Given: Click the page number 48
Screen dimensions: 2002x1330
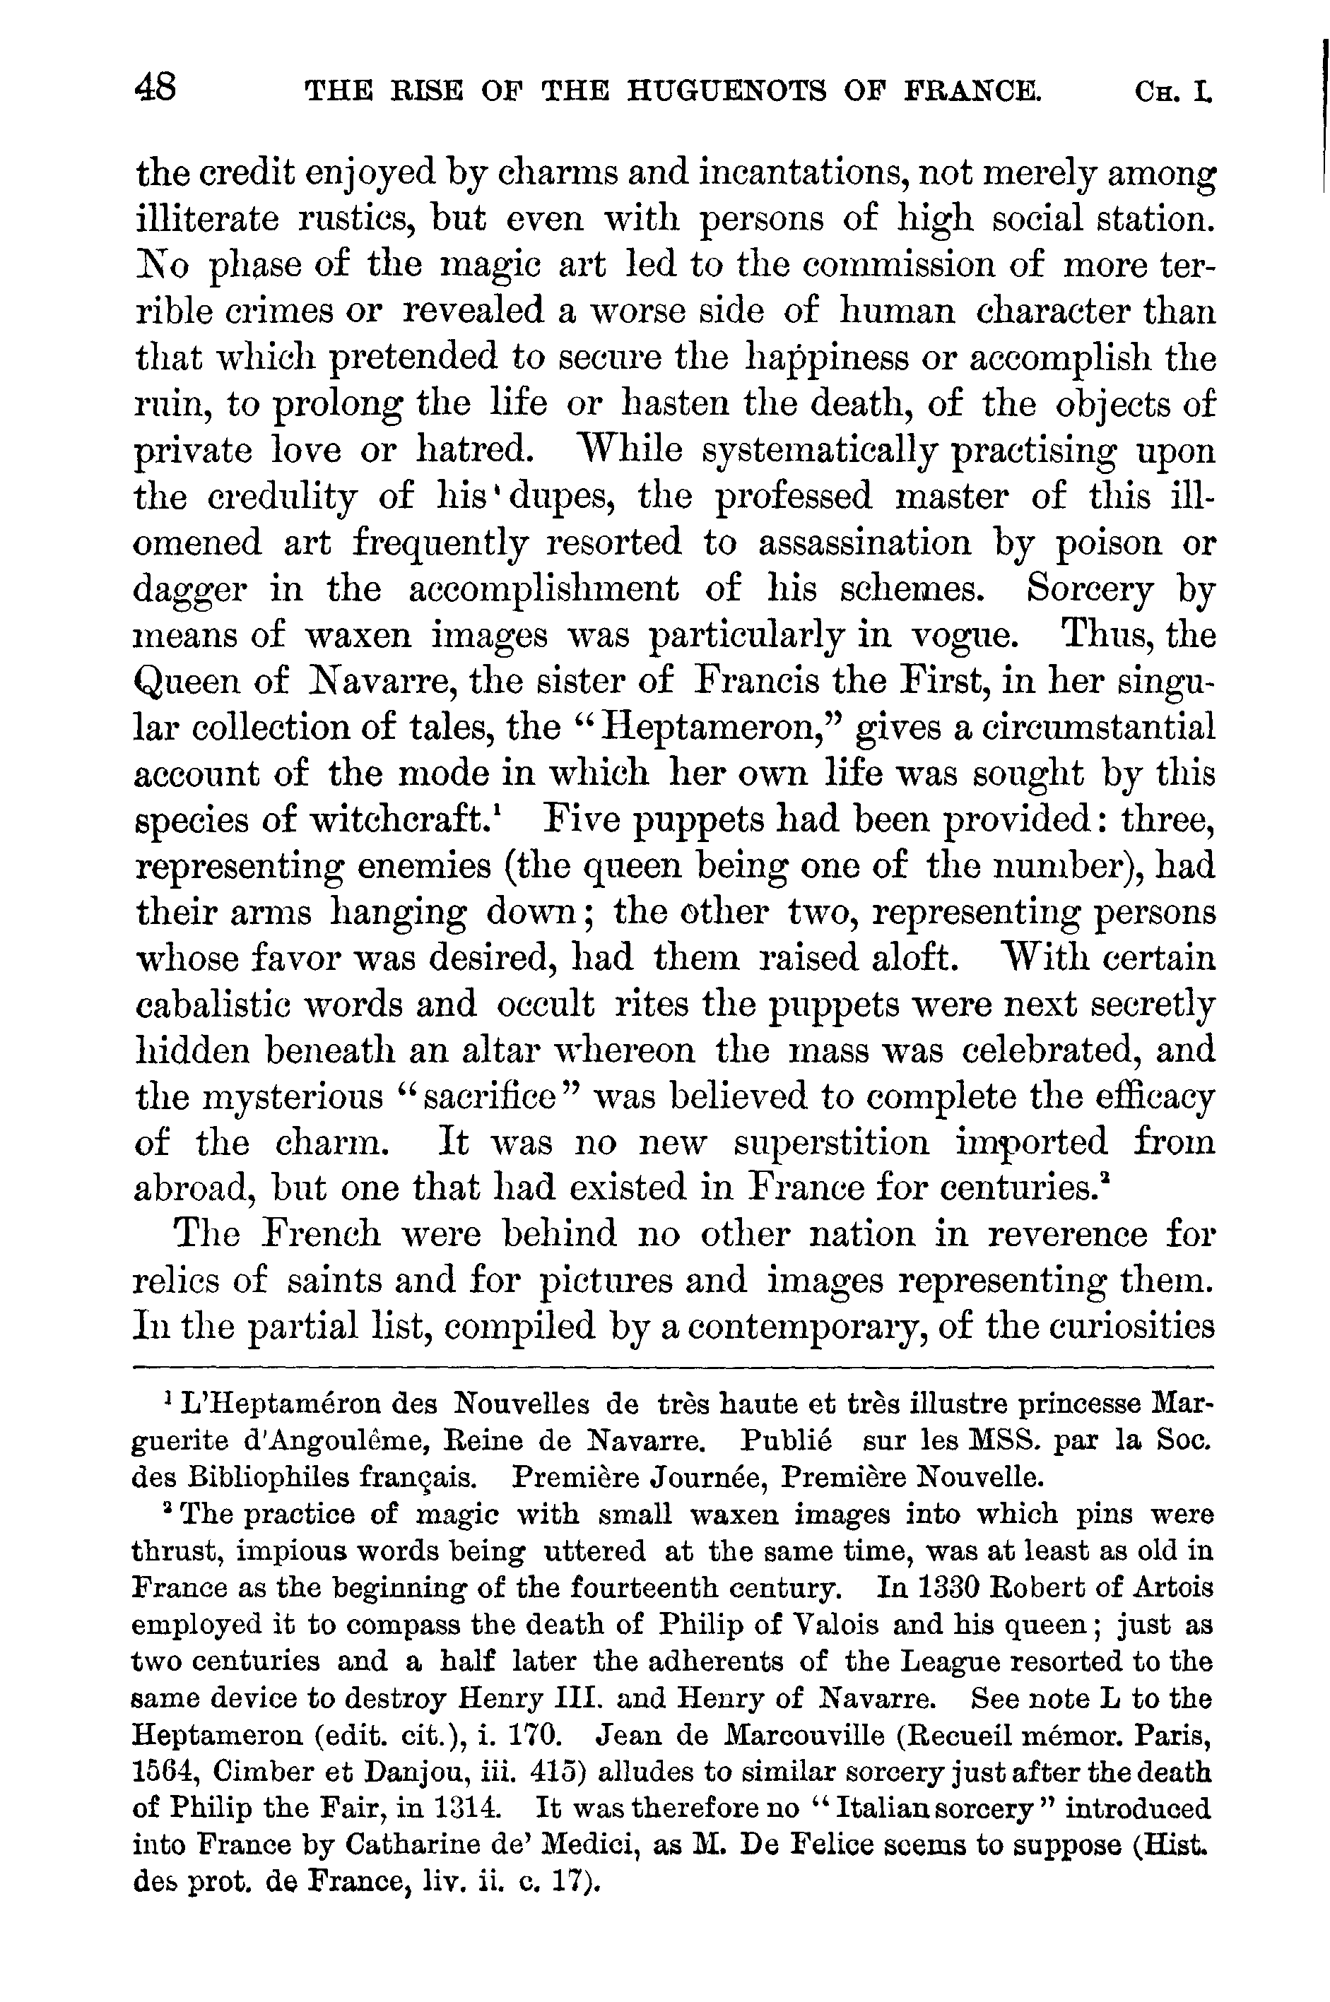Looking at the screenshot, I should tap(155, 88).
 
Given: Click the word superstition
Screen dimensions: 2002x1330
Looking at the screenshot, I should tap(831, 1142).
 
